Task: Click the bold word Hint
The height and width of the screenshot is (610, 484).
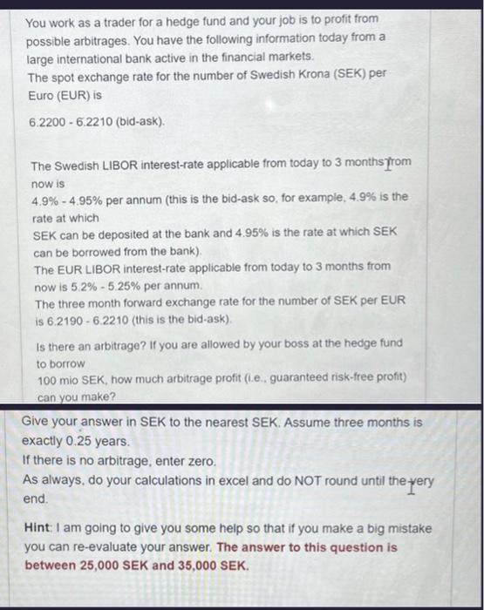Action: [39, 528]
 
